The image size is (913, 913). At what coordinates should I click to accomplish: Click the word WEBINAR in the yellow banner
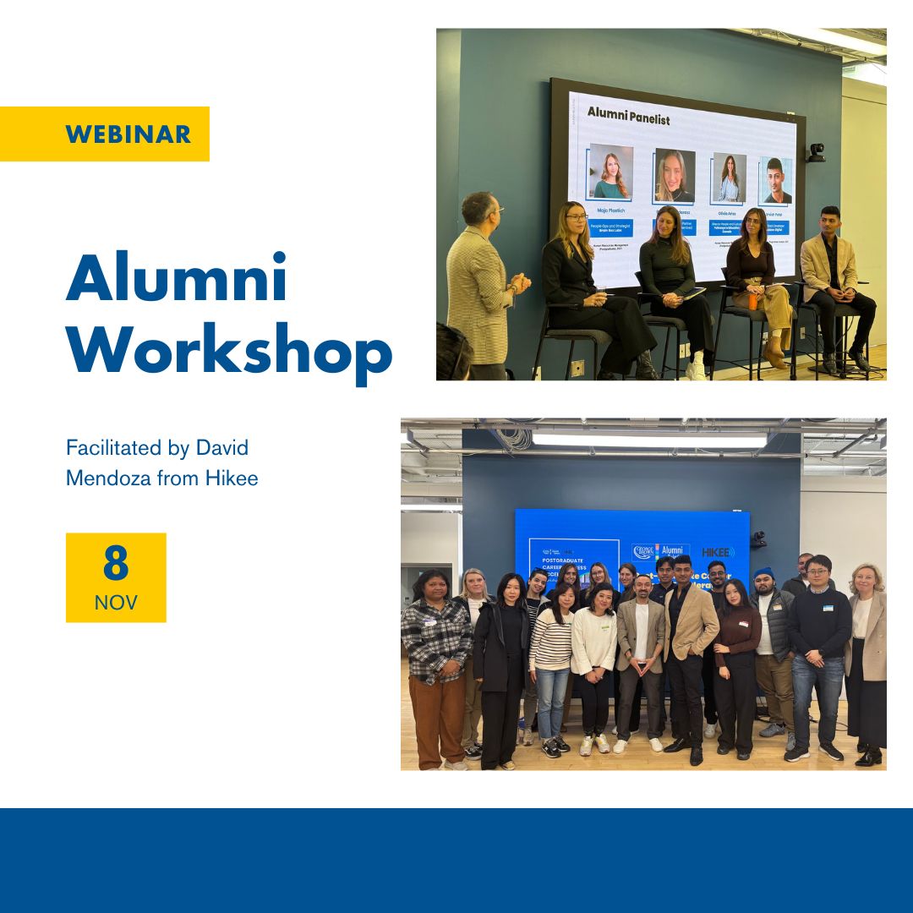click(128, 134)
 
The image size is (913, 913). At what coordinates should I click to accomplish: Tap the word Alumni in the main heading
click(177, 278)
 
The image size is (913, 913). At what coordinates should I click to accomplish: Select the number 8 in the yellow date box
click(116, 564)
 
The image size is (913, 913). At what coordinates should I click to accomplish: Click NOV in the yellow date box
click(116, 603)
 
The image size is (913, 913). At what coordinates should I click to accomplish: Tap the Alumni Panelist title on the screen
click(628, 120)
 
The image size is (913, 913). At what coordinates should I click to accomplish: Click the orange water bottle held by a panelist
click(752, 299)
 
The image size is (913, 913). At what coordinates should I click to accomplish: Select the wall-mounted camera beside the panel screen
click(815, 153)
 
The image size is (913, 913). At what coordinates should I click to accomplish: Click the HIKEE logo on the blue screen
click(718, 552)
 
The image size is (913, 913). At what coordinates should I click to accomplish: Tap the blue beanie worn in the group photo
click(764, 574)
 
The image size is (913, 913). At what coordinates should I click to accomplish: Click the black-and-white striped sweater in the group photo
click(550, 640)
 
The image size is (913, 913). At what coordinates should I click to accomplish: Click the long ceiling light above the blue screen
click(649, 440)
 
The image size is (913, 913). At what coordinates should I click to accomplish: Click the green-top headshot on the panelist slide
click(610, 172)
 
